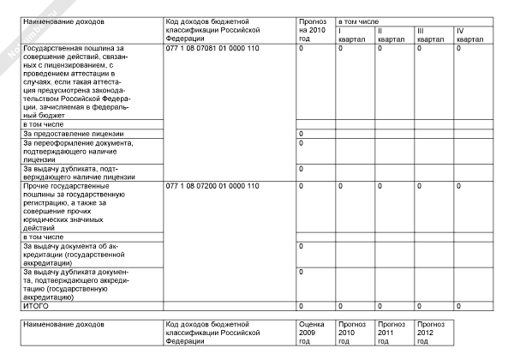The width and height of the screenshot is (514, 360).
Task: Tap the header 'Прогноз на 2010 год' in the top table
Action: (x=311, y=29)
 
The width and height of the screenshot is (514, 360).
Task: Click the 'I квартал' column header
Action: (x=350, y=34)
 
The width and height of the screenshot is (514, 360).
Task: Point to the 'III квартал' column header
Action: (x=429, y=34)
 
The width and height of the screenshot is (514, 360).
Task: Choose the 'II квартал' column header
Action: (x=390, y=34)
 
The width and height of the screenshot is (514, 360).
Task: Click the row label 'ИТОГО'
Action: (x=37, y=306)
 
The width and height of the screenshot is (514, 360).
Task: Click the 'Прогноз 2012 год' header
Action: (x=431, y=333)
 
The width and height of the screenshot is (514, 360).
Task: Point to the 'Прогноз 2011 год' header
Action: (x=391, y=333)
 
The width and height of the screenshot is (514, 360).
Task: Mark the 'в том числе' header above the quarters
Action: (x=360, y=20)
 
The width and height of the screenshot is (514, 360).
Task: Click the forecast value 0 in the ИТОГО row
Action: (x=301, y=306)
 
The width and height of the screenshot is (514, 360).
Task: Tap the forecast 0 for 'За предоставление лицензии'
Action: (x=301, y=134)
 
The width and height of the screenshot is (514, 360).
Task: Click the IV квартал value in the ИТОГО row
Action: (x=459, y=306)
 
